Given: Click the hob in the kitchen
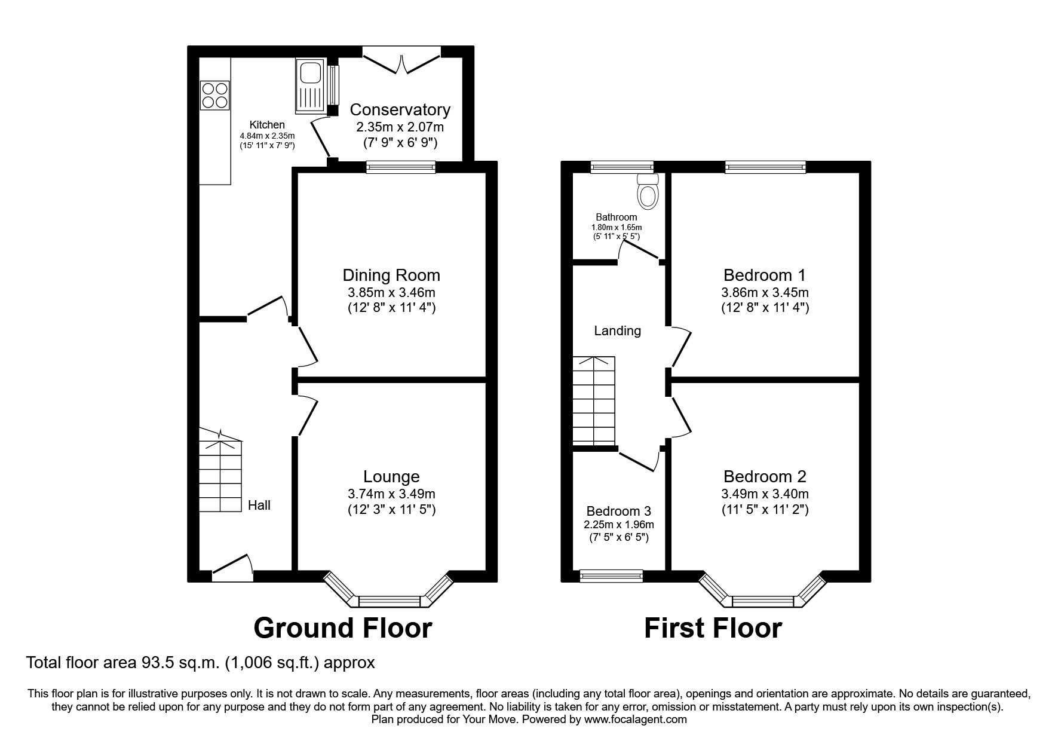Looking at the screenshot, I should point(214,95).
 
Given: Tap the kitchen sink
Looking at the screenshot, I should point(309,85).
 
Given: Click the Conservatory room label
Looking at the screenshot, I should point(400,110).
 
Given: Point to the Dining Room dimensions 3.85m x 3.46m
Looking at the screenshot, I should point(391,293).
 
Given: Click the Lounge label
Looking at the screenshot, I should point(391,476).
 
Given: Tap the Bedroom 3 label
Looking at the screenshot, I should point(618,512).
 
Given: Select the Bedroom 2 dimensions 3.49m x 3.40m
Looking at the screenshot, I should point(765,494).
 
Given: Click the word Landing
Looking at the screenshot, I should point(617,330).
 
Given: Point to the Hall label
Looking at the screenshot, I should point(259,506).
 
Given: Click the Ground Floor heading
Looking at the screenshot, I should point(342,629).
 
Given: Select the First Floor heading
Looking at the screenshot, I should point(713,629).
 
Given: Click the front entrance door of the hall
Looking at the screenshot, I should point(232,571).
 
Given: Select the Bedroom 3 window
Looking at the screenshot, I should point(611,576).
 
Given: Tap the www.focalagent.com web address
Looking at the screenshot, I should point(635,719).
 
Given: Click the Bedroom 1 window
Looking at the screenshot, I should point(765,167).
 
